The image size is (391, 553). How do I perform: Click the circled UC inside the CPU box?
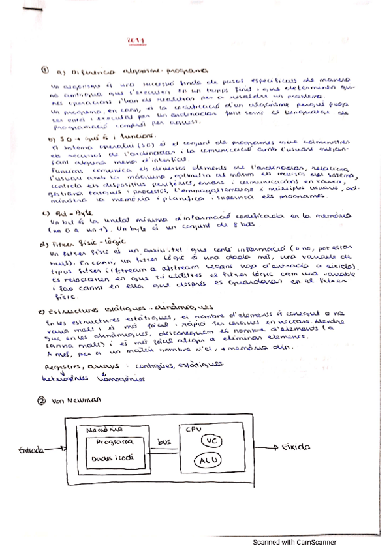click(211, 441)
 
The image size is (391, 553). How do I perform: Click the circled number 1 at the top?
click(44, 69)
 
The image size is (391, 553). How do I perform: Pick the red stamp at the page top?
click(138, 40)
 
